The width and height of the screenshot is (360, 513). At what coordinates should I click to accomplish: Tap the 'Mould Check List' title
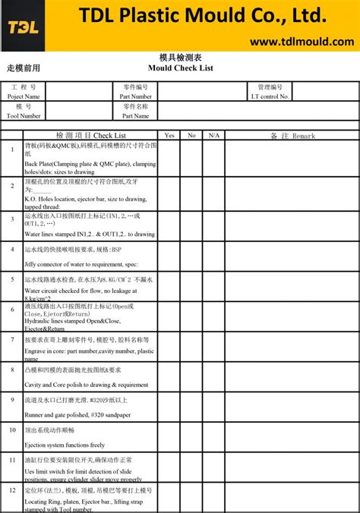point(181,68)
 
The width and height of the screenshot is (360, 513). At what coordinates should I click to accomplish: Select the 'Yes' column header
point(169,135)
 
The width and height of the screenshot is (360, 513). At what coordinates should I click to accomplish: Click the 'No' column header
point(191,135)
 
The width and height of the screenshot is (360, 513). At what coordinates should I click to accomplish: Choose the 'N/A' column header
point(213,135)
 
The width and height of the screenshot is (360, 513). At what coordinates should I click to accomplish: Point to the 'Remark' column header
point(292,135)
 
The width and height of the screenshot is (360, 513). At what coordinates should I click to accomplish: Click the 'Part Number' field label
point(135,96)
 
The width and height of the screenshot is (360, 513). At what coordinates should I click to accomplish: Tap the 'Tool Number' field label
point(24,116)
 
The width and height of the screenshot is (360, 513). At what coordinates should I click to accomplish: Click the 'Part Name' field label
point(135,116)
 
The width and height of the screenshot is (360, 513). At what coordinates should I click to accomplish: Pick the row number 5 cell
point(12,279)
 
